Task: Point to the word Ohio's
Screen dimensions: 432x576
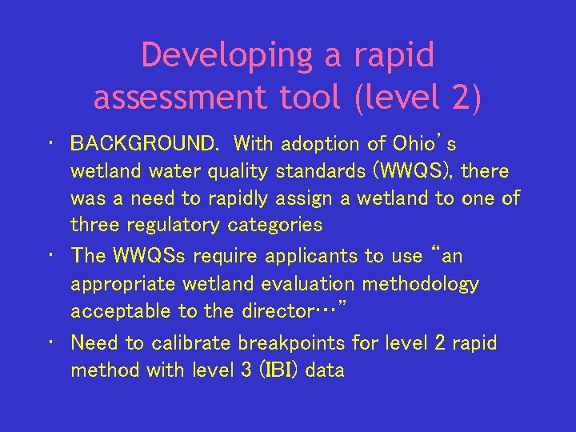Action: [423, 144]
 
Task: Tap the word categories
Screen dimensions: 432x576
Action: [275, 225]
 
